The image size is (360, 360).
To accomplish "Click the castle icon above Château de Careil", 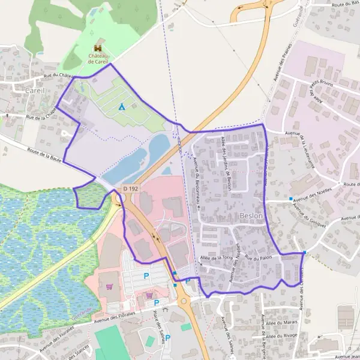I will pos(97,47).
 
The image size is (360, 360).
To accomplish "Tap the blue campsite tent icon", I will pos(121,107).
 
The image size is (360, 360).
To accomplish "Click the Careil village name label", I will pos(34,90).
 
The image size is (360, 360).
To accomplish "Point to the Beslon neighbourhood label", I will pos(250,215).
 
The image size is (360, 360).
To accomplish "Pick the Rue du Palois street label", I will pos(259,257).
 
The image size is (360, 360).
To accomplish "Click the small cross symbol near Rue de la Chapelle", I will pos(7,115).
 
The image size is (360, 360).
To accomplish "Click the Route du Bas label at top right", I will pos(346,4).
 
